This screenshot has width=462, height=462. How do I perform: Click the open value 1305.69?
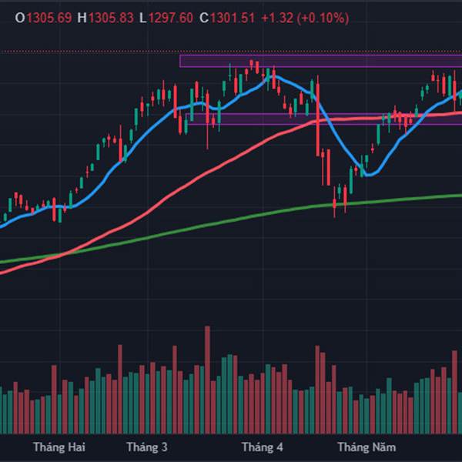pyautogui.click(x=49, y=18)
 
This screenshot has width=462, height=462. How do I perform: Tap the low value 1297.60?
pyautogui.click(x=172, y=18)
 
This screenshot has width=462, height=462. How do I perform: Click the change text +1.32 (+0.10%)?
pyautogui.click(x=305, y=18)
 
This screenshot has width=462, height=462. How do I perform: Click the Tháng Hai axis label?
pyautogui.click(x=59, y=447)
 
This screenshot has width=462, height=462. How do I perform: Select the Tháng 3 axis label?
pyautogui.click(x=146, y=447)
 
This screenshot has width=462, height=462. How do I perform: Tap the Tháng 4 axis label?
pyautogui.click(x=262, y=447)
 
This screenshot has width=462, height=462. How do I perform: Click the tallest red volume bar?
pyautogui.click(x=207, y=377)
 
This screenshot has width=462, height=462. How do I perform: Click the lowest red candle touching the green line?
pyautogui.click(x=335, y=202)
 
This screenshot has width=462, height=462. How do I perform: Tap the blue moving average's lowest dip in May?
pyautogui.click(x=368, y=174)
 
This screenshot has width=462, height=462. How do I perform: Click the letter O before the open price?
pyautogui.click(x=19, y=18)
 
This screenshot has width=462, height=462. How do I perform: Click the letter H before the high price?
pyautogui.click(x=82, y=18)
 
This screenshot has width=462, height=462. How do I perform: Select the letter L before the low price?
pyautogui.click(x=143, y=18)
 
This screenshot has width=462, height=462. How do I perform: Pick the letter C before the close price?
pyautogui.click(x=203, y=18)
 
